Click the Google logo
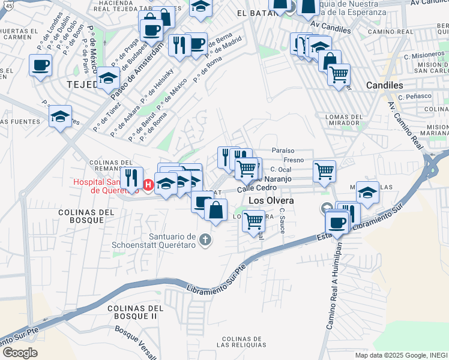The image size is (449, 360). click(19, 353)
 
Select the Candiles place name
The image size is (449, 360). click(384, 85)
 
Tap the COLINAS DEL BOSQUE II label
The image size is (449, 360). click(132, 312)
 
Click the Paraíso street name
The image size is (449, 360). click(282, 150)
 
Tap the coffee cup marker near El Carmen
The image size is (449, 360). click(41, 65)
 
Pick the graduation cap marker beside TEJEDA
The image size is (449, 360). click(108, 78)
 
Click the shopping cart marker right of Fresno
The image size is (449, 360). click(324, 171)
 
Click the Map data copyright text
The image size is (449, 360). click(401, 355)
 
